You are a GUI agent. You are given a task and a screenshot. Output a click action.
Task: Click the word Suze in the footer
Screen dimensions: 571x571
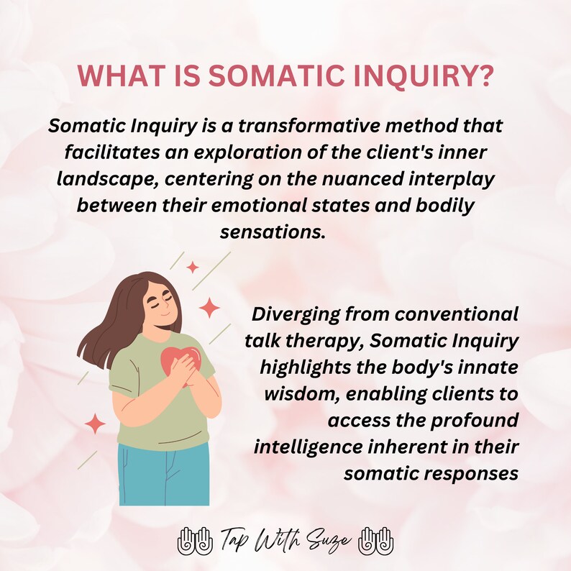334,539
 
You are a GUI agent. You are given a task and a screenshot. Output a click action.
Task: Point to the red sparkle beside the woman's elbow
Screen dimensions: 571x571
94,424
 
